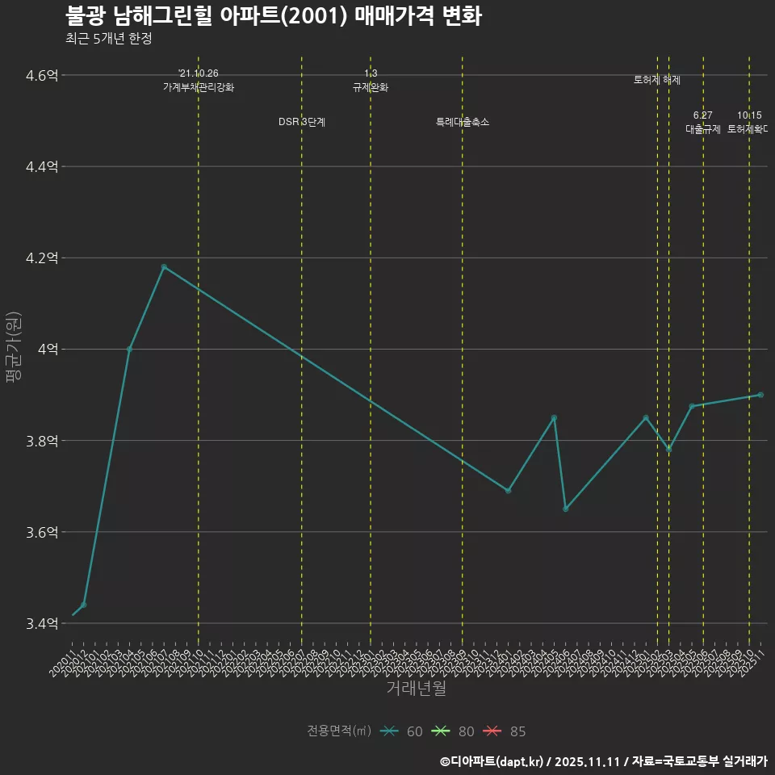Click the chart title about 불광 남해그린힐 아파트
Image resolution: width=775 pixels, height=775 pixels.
273,16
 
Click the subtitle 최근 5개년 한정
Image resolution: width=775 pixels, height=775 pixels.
108,38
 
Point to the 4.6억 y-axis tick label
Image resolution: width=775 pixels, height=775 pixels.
42,75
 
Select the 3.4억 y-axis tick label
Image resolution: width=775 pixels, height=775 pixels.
42,623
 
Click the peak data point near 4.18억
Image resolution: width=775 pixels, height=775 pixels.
164,266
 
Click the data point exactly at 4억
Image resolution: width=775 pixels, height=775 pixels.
129,349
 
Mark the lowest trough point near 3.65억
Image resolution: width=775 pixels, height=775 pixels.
565,509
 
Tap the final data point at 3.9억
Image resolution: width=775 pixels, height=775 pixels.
760,395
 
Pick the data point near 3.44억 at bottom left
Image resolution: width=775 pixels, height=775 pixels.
84,605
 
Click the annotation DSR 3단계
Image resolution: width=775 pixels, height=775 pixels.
302,122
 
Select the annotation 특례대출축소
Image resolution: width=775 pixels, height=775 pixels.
463,122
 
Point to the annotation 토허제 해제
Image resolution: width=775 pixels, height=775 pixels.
657,80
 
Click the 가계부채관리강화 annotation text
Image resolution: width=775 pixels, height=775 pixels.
199,87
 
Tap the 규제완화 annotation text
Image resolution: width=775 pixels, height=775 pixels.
371,87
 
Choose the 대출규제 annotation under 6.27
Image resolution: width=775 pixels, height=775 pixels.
703,129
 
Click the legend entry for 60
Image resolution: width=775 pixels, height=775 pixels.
403,731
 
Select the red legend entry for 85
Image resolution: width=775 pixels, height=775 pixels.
505,731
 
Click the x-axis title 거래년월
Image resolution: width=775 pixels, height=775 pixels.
416,689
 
